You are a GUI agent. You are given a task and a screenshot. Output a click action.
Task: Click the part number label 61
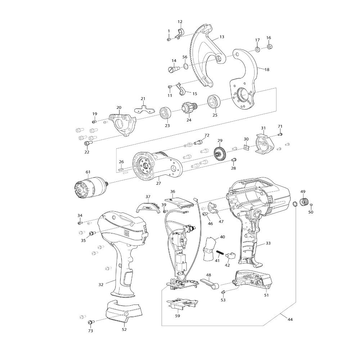pyautogui.click(x=88, y=172)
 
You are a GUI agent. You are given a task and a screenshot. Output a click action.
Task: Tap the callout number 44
pyautogui.click(x=290, y=319)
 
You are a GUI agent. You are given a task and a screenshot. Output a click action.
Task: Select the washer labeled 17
pyautogui.click(x=257, y=49)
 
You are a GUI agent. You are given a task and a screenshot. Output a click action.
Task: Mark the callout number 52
pyautogui.click(x=124, y=329)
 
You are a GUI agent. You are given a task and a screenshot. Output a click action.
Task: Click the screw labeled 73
pyautogui.click(x=91, y=322)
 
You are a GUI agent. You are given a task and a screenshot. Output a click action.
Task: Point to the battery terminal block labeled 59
pyautogui.click(x=183, y=305)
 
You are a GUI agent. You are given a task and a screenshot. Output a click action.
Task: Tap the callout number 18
pyautogui.click(x=267, y=69)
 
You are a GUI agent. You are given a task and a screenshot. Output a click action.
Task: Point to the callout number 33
pyautogui.click(x=268, y=243)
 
